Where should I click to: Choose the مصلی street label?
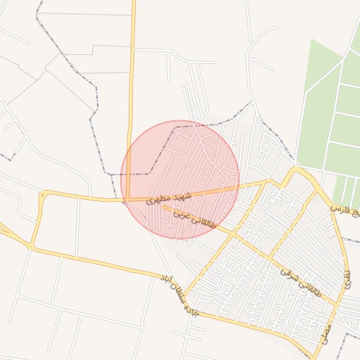pos(326,330)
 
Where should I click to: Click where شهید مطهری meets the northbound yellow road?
pos(127,200)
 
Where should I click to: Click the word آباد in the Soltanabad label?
pos(167,282)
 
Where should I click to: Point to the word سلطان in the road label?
pos(179,295)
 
